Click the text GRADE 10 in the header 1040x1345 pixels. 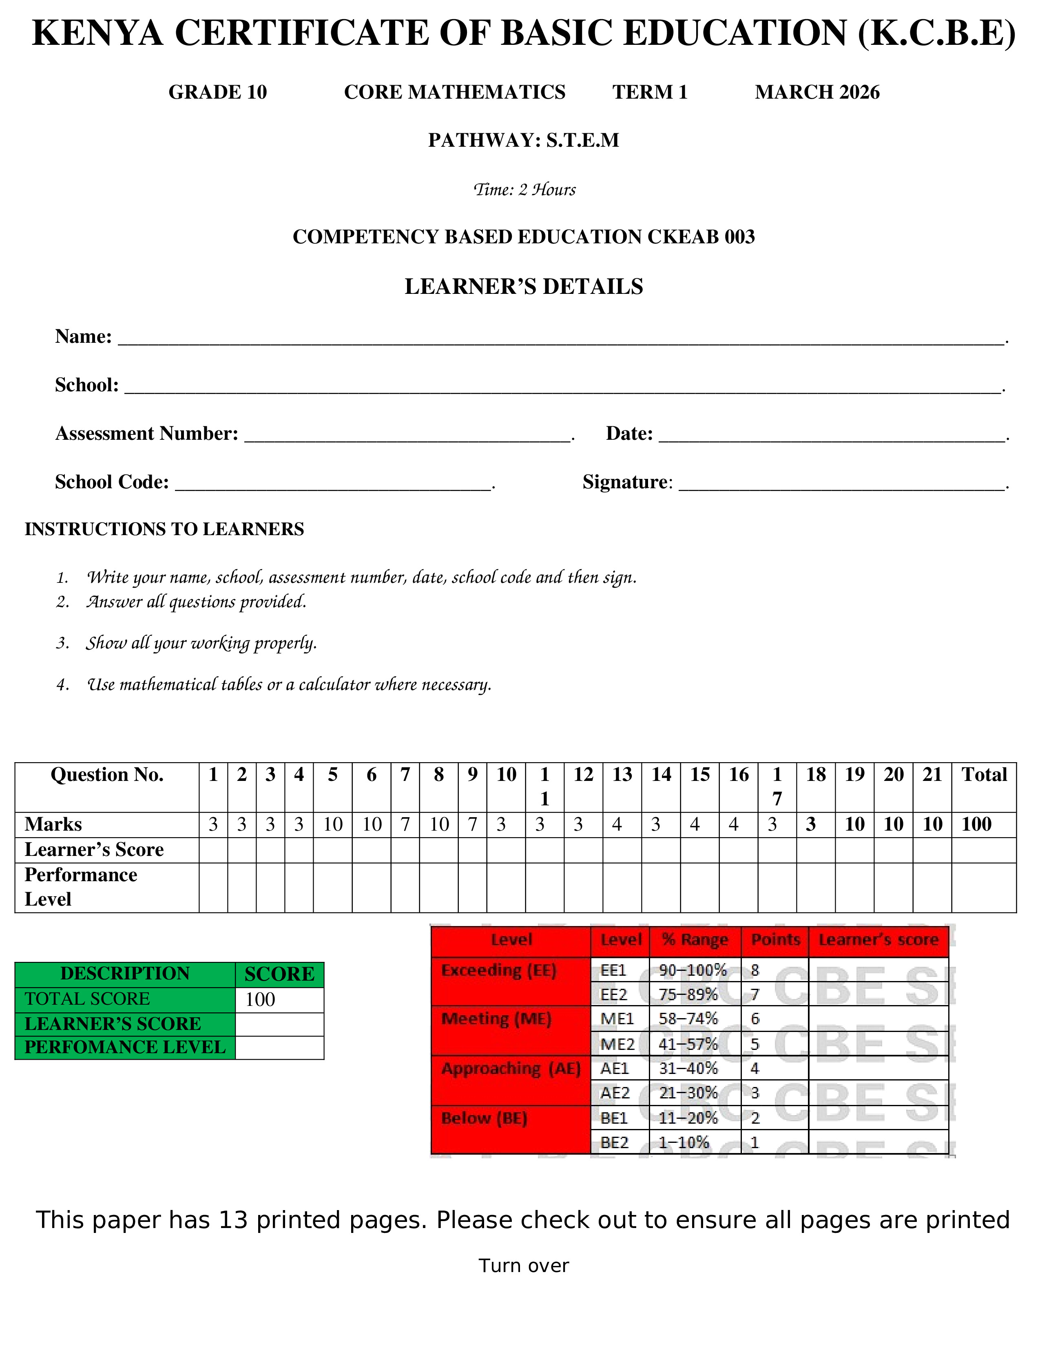pos(217,93)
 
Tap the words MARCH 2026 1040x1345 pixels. pos(817,93)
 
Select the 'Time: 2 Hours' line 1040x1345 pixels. pos(524,190)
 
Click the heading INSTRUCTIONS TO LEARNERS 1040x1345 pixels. pos(164,529)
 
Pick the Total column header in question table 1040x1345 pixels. pos(984,775)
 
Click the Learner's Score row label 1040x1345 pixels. pos(94,850)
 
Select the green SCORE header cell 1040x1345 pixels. pos(279,974)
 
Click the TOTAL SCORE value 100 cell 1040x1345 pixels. pos(279,999)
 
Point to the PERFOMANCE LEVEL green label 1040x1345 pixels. pos(125,1047)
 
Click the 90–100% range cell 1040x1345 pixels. pos(693,970)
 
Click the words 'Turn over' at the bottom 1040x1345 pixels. pos(524,1266)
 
